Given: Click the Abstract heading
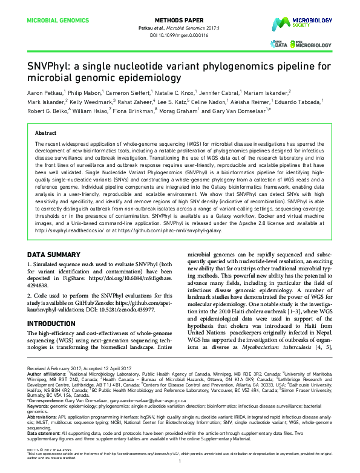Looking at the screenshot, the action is pyautogui.click(x=46, y=132).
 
